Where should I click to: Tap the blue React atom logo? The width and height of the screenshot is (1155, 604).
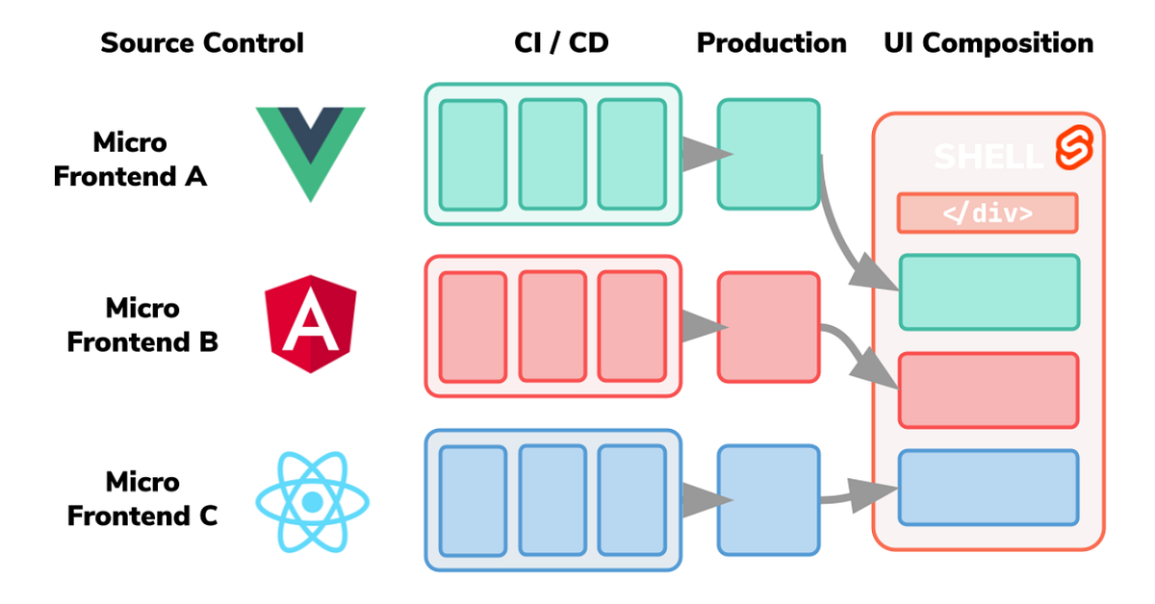[311, 501]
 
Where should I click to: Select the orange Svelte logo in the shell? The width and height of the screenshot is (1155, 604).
[1070, 149]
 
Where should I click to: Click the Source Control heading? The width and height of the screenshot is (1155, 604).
[202, 43]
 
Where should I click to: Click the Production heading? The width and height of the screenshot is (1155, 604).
[771, 43]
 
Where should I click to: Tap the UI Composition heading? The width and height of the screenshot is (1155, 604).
[988, 43]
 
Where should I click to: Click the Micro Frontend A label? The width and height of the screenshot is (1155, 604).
[130, 160]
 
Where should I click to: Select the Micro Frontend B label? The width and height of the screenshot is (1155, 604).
[142, 325]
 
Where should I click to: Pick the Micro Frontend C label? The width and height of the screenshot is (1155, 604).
[142, 498]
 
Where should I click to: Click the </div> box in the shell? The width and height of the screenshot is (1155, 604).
[988, 214]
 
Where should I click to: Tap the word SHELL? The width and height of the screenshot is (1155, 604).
[988, 157]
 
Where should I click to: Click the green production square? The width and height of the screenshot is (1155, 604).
[768, 154]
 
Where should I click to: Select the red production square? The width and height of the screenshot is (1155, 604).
[768, 327]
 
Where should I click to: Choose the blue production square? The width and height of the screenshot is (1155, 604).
[768, 500]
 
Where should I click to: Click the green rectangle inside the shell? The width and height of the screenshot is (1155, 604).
[988, 292]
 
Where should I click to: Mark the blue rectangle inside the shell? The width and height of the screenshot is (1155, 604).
[988, 488]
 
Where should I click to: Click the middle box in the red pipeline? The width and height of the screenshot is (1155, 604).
[552, 326]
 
